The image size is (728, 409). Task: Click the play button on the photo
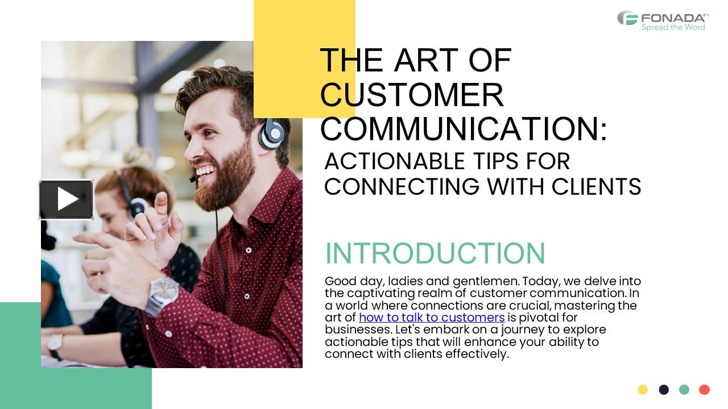click(66, 199)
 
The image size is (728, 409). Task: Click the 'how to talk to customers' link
click(432, 318)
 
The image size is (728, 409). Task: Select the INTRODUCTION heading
click(435, 253)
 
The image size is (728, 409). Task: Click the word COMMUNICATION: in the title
click(464, 128)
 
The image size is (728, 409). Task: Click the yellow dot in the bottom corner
click(643, 390)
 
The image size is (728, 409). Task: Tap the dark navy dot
click(664, 390)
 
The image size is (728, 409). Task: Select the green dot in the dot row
click(684, 390)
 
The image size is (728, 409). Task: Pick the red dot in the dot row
click(705, 390)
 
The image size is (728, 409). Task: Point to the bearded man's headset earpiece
click(272, 134)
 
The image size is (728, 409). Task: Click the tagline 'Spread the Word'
click(673, 27)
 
